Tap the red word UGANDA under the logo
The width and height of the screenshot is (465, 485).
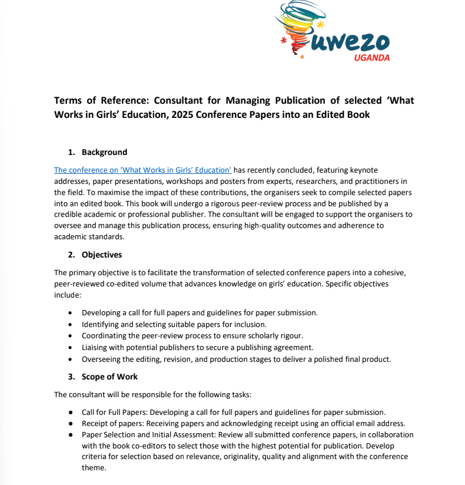[x=371, y=57]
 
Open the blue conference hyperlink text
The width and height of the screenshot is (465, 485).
[x=142, y=170]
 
